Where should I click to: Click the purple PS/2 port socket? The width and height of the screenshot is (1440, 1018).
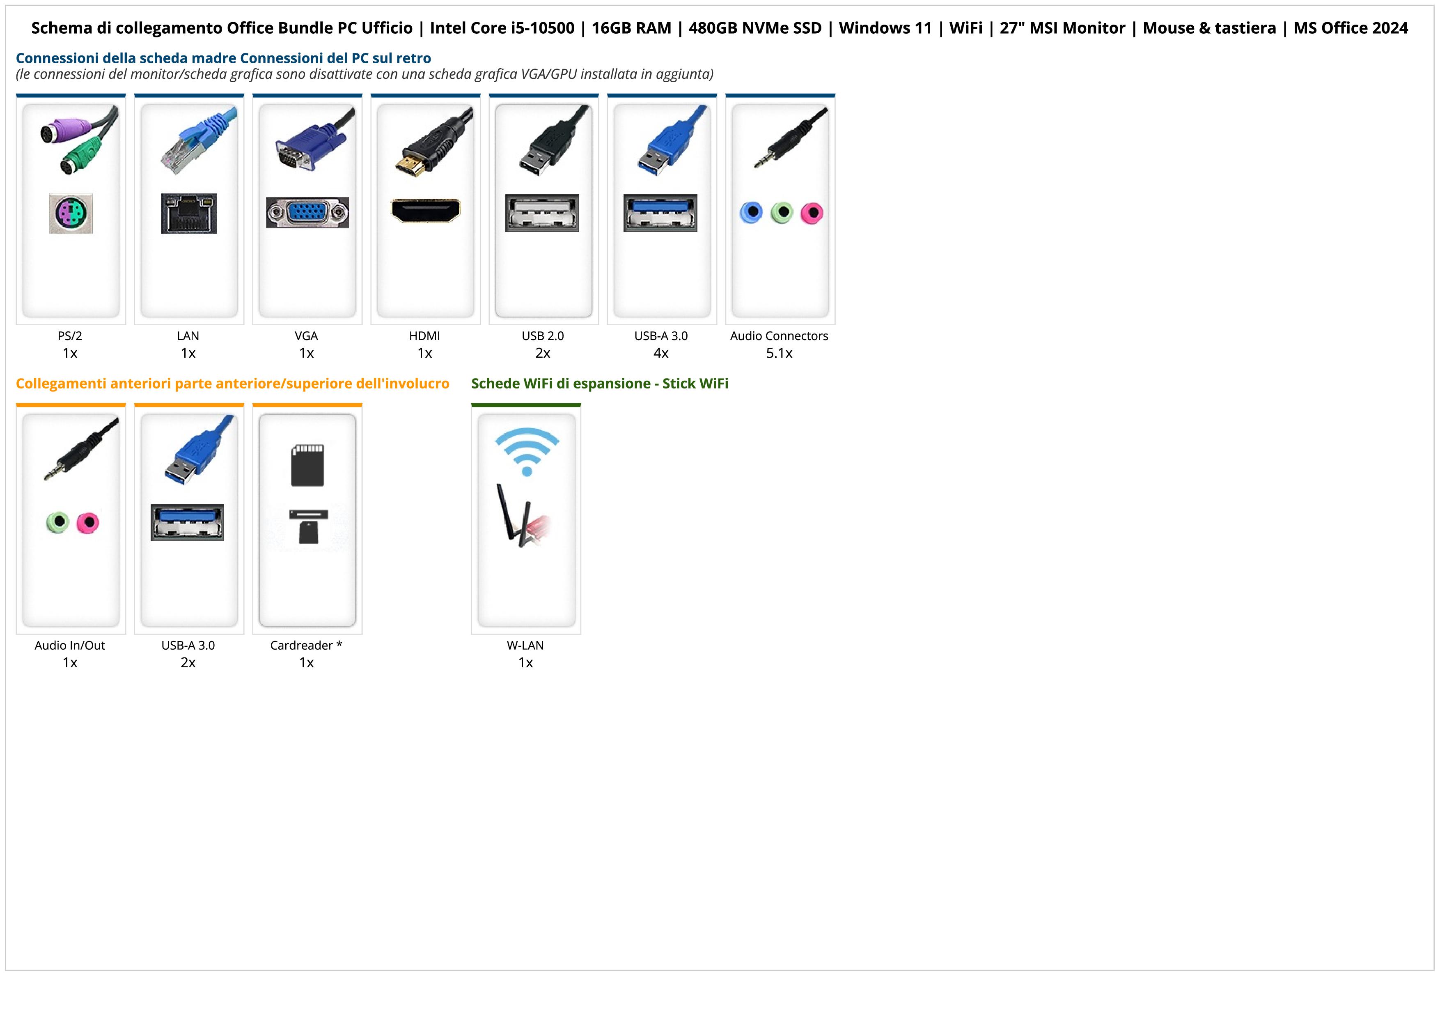pyautogui.click(x=71, y=214)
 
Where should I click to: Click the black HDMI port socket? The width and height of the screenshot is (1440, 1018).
pyautogui.click(x=425, y=210)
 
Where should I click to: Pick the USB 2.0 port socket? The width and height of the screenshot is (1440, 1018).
pyautogui.click(x=542, y=213)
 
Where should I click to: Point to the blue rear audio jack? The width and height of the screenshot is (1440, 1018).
pyautogui.click(x=751, y=213)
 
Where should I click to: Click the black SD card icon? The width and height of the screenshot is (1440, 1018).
pyautogui.click(x=307, y=465)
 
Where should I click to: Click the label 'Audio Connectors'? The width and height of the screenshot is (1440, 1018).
pyautogui.click(x=779, y=336)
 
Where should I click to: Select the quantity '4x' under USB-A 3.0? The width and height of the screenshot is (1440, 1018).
pyautogui.click(x=661, y=353)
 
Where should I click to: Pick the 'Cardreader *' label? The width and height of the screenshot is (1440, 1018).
pyautogui.click(x=306, y=646)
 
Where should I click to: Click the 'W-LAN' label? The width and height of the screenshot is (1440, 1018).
pyautogui.click(x=525, y=646)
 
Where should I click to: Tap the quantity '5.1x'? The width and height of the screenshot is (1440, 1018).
pyautogui.click(x=779, y=353)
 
